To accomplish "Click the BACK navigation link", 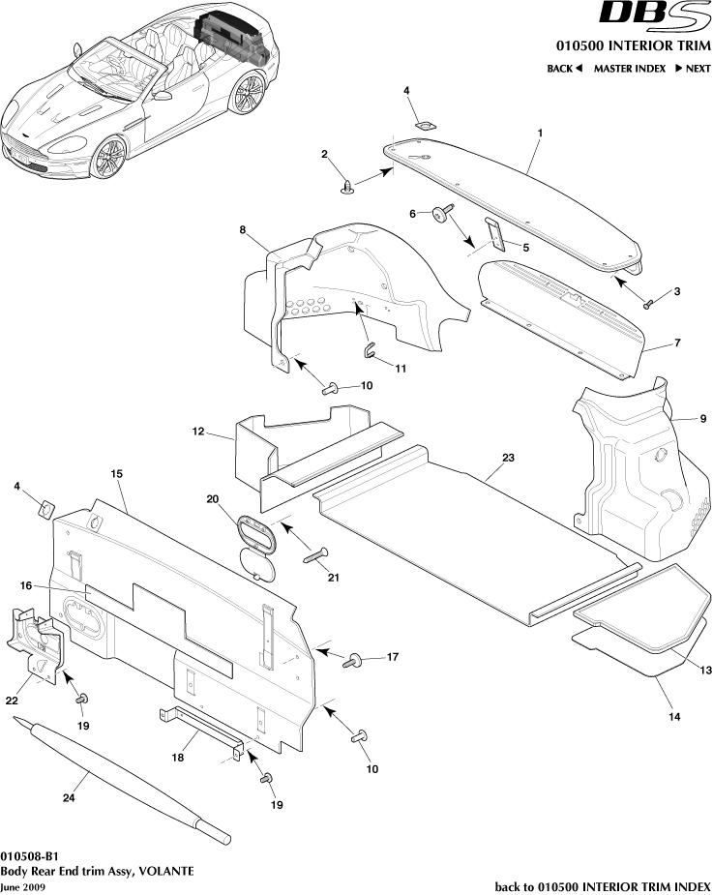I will pos(565,69).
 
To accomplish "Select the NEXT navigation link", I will pos(692,69).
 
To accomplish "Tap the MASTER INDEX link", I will pos(629,69).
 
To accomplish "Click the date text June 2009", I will pos(22,887).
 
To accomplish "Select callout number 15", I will pos(116,474).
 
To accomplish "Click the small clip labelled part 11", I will pos(369,350).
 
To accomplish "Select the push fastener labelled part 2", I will pos(346,185).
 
